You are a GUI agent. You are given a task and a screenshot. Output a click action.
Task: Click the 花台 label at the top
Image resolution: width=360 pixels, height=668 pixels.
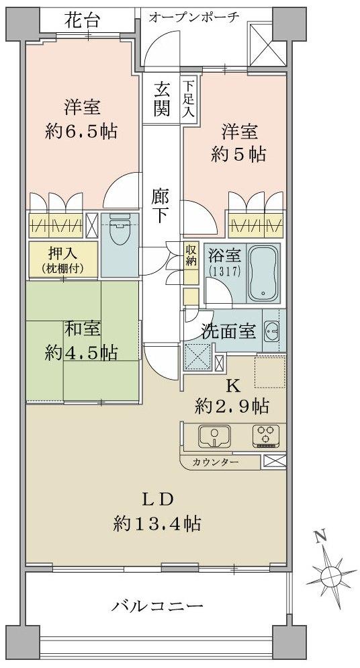pos(83,20)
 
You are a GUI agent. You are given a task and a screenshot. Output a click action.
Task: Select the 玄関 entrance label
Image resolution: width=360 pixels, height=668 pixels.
pos(161,99)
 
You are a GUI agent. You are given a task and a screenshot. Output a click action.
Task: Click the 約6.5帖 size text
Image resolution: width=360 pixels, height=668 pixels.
pos(82,130)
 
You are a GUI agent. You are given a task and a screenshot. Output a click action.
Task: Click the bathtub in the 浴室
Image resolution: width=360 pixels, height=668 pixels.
pos(264,275)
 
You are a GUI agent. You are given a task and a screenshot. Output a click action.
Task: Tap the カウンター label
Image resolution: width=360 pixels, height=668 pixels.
pos(215,463)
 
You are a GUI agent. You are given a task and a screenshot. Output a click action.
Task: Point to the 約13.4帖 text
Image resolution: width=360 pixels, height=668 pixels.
pos(158,522)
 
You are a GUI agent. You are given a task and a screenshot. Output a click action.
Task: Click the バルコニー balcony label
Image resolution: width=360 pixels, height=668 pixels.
pos(157,607)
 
